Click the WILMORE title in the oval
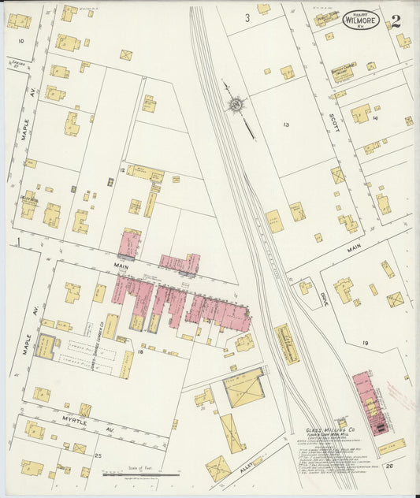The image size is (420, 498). (x=362, y=21)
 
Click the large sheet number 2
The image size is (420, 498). (x=395, y=21)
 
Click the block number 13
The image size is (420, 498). (x=286, y=124)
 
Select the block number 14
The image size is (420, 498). (x=376, y=118)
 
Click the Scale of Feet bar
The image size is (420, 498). (x=140, y=474)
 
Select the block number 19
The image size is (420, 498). (x=366, y=344)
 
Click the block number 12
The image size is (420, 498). (x=121, y=170)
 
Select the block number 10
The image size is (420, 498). (x=20, y=40)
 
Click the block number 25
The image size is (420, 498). (x=98, y=455)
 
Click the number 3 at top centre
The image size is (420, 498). (x=247, y=17)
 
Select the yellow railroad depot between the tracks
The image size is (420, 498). (x=287, y=344)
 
